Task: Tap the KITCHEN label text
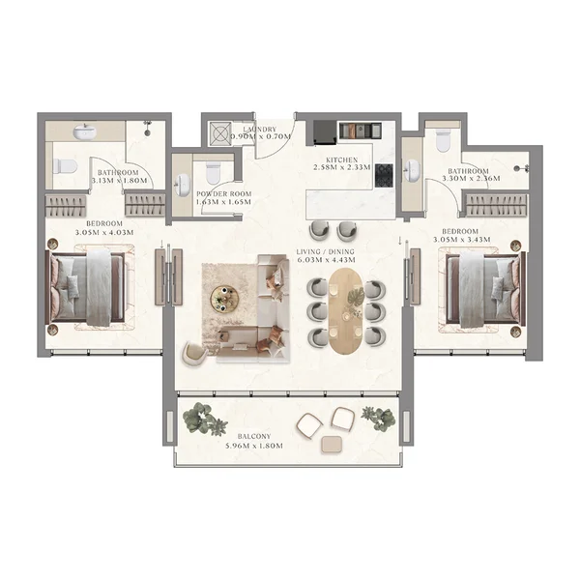[x=342, y=159]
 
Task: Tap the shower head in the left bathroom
[x=148, y=125]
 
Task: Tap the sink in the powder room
[x=184, y=183]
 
